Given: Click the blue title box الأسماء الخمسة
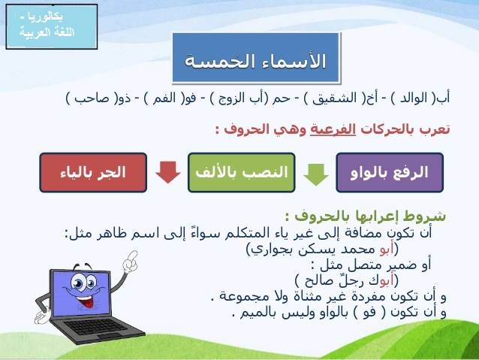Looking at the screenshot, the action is pos(256,58).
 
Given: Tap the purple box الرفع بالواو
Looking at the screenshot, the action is pos(390,173).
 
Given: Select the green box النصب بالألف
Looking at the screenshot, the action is pos(241,173).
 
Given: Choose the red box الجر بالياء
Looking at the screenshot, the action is pos(93,173).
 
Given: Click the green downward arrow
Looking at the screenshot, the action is pos(316,174).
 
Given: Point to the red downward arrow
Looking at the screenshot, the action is pos(167,172).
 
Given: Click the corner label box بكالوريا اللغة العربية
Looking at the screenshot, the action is pos(52,26).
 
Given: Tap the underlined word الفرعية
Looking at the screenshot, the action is pos(333,129).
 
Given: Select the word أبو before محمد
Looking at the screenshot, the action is pos(386,250).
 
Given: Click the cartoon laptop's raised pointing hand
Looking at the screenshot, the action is pos(131,262).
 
